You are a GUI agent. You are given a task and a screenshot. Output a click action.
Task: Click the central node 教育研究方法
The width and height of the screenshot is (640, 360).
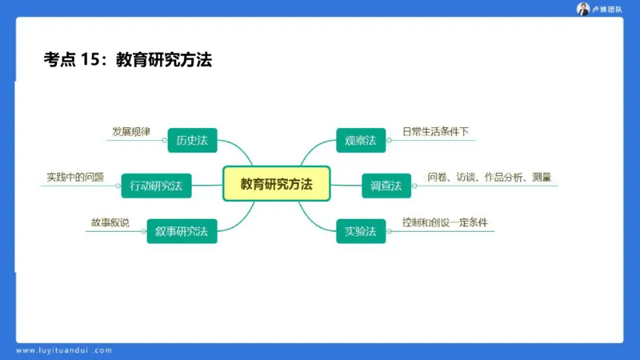tap(276, 184)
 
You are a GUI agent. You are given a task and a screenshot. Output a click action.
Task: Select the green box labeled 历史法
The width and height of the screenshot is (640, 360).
tap(192, 140)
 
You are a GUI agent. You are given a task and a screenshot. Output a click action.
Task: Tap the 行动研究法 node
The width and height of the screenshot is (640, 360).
tap(156, 186)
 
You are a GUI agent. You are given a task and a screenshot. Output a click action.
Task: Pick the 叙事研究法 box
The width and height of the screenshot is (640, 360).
tap(182, 231)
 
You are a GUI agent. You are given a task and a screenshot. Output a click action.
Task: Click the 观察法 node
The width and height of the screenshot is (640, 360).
tap(360, 140)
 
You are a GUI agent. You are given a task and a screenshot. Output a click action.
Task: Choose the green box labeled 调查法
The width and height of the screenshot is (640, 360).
tap(386, 186)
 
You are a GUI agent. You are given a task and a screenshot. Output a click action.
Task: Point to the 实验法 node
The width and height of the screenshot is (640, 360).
tap(360, 231)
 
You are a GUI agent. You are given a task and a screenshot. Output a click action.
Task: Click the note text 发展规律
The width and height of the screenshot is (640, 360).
tap(130, 131)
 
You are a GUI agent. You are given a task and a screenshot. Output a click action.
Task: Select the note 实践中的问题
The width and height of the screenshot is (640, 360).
tap(75, 177)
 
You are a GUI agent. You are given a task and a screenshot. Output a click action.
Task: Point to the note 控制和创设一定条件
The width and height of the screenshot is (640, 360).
tap(446, 222)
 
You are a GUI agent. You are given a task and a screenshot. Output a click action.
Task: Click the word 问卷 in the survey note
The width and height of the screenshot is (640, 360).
tap(437, 177)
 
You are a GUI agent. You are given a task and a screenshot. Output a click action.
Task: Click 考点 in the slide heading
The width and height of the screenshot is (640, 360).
tap(59, 58)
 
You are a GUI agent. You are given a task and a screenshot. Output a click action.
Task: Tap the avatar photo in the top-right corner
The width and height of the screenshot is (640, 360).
tap(583, 9)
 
